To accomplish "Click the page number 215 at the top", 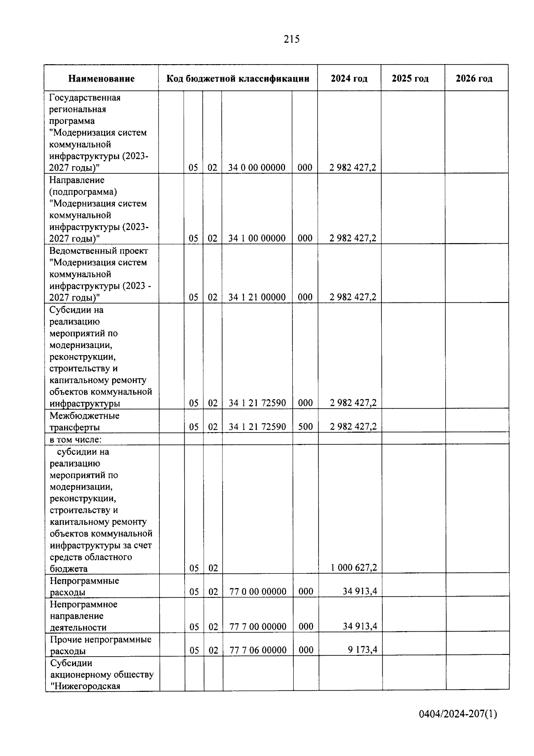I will point(291,40).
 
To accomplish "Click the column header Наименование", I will point(101,79).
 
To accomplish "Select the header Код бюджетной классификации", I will point(238,79).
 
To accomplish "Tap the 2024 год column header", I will point(349,79).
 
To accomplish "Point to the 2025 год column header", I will point(410,79).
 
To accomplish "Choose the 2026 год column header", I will point(474,79).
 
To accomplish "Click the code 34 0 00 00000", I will point(257,168).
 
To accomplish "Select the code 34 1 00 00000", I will point(257,238).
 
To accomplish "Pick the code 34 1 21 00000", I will point(257,297).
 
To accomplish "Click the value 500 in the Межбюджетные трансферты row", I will point(305,427).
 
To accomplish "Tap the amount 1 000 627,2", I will point(354,568).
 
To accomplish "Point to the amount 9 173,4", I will point(362,650).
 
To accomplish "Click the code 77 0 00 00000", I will point(258,592).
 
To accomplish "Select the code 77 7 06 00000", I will point(258,650).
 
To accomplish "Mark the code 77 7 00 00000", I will point(258,627).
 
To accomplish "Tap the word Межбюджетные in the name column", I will point(85,416).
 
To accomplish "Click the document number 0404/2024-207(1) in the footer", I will point(458,715).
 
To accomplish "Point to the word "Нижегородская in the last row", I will point(85,686).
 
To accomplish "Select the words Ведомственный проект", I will point(99,251).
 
